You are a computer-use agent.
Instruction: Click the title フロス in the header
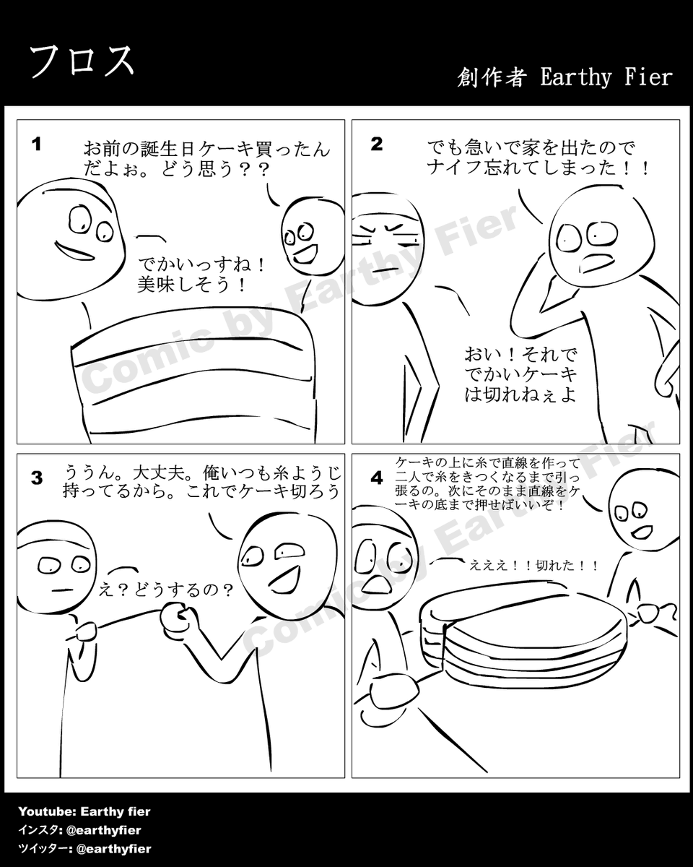click(82, 61)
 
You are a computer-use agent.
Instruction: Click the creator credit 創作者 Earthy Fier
click(565, 77)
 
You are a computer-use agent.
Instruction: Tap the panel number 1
click(37, 144)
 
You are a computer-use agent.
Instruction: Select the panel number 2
click(377, 144)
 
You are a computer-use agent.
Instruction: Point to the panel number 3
click(37, 478)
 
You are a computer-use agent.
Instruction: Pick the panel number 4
click(377, 478)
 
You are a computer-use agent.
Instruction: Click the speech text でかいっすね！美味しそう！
click(201, 275)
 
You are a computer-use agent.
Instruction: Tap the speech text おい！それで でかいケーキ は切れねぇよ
click(520, 375)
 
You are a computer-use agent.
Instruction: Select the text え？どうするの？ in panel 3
click(166, 590)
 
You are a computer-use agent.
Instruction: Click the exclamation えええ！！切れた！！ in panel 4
click(534, 566)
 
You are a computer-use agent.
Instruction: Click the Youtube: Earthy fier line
click(84, 811)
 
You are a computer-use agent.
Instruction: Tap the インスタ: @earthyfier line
click(79, 830)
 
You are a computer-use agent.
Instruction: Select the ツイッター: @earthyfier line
click(84, 849)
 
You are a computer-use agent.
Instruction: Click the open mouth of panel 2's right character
click(598, 264)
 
